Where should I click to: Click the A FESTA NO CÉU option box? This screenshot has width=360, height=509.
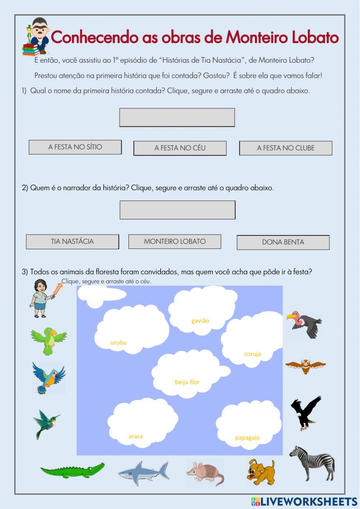[180, 148]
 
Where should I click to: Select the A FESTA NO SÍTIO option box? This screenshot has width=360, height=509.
[75, 147]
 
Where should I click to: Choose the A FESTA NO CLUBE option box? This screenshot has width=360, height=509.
[285, 148]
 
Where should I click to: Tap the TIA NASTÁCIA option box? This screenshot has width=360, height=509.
[72, 242]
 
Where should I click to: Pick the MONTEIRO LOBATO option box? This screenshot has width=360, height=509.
[175, 241]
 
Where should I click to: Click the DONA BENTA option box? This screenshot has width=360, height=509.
[283, 242]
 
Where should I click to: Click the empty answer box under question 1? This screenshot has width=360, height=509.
[177, 117]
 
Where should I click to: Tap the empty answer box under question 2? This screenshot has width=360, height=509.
[177, 210]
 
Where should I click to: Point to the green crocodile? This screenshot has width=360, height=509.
[72, 470]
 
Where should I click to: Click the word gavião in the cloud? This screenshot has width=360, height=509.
[200, 321]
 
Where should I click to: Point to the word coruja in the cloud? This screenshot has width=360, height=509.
[252, 354]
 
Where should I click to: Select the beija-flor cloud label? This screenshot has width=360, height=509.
[187, 382]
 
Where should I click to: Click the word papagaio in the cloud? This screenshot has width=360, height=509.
[247, 438]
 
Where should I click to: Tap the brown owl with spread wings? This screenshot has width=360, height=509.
[306, 366]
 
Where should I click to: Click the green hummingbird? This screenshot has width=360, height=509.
[46, 423]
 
